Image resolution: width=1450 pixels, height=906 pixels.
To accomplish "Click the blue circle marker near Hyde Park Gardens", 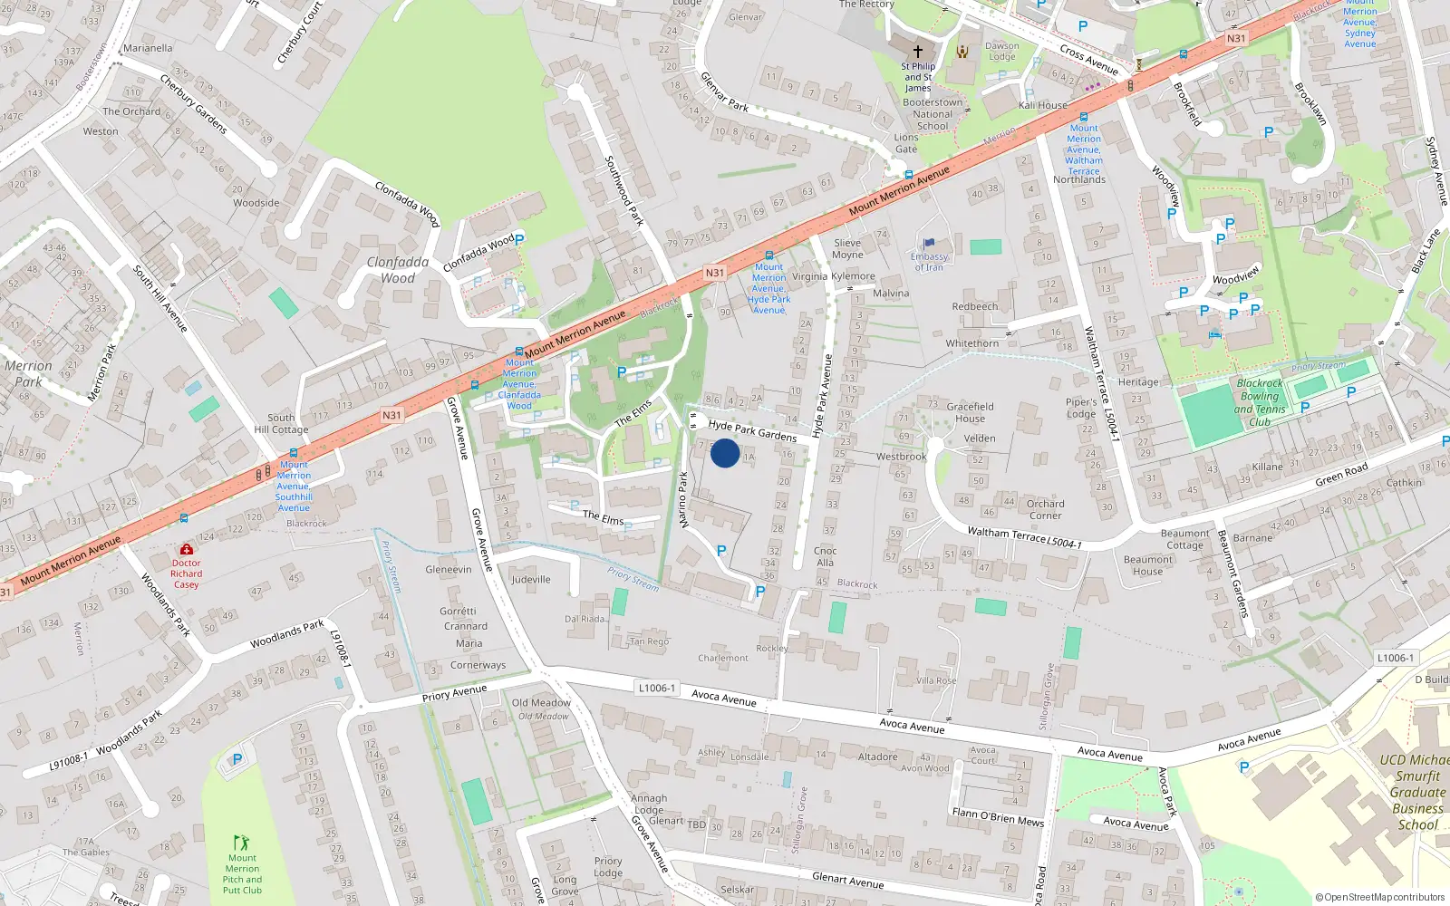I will tap(725, 453).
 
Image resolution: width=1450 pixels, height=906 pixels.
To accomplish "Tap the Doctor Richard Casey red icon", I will tap(187, 550).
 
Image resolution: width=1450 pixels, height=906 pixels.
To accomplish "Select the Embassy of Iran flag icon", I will tap(929, 243).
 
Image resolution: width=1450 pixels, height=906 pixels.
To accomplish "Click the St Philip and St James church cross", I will tap(917, 52).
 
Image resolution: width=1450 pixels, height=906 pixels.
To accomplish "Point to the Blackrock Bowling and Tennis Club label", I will tap(1260, 402).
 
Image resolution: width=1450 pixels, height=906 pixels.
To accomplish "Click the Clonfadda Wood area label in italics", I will tap(398, 270).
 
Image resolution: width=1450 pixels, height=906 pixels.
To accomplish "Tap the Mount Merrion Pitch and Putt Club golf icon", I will tap(241, 843).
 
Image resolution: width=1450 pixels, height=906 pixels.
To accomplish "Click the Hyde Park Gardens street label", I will tap(752, 430).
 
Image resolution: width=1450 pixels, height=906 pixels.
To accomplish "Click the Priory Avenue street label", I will tap(454, 694).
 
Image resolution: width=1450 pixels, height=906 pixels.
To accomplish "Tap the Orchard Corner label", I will tap(1045, 509).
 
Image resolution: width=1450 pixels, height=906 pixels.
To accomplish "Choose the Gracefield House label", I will tap(970, 412).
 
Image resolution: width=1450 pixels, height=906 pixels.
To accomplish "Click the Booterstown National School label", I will tap(933, 114).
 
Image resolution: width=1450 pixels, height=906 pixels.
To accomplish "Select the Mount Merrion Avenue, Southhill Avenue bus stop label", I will tap(294, 487).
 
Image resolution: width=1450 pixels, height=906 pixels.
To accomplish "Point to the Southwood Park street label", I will tap(624, 190).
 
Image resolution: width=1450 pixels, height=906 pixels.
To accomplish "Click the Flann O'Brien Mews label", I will tap(998, 817).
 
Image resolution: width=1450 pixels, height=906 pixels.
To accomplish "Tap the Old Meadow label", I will tap(541, 703).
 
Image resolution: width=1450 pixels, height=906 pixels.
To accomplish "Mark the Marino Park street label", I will tap(683, 499).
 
